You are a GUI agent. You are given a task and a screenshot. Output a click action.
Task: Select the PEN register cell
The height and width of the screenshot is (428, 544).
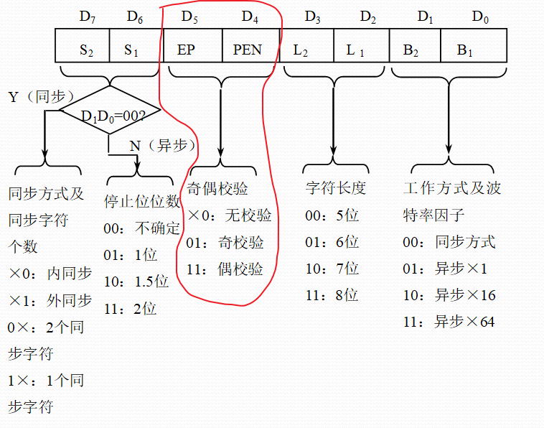(248, 49)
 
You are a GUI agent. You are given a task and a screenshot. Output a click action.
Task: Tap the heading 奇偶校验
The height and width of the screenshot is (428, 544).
(217, 189)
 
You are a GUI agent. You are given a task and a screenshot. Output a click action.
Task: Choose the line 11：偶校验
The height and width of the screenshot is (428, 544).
(225, 269)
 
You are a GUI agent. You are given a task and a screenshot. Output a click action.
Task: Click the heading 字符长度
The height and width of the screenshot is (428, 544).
(336, 189)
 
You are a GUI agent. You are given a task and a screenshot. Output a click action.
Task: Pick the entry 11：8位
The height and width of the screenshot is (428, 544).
(332, 295)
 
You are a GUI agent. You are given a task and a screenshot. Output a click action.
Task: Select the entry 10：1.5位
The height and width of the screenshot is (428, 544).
(136, 282)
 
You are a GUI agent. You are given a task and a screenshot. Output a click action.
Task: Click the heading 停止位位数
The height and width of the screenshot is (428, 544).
(142, 201)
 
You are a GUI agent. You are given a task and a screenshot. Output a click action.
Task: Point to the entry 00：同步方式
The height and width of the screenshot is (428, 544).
(449, 242)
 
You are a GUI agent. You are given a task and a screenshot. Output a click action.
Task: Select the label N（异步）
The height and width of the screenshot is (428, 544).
(163, 146)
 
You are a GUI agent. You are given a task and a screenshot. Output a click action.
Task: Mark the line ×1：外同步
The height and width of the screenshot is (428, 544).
(50, 300)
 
